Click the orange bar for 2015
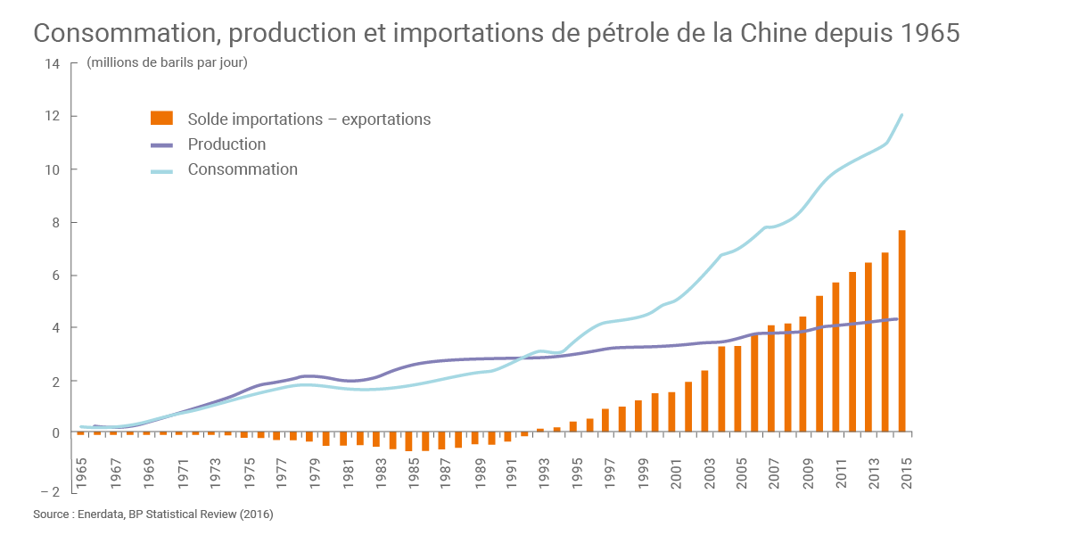(901, 331)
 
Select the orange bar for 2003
(704, 401)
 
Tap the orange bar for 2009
(802, 374)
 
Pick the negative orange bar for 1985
(408, 442)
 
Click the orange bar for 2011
(835, 358)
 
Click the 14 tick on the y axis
(53, 64)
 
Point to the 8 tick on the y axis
(55, 222)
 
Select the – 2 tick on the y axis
(50, 491)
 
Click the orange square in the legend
(161, 119)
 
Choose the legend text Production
(226, 144)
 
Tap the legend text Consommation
(243, 169)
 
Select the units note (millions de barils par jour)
(167, 62)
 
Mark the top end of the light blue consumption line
(902, 114)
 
